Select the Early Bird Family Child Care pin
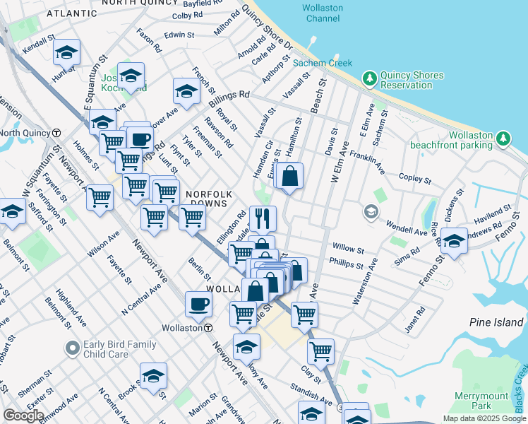pos(71,348)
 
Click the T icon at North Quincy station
pos(54,133)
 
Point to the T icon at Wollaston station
pos(209,328)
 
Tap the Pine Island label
pos(496,322)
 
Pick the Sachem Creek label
pos(322,63)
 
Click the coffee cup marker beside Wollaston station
pos(198,304)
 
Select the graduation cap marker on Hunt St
pos(66,52)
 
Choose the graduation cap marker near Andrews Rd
pos(454,240)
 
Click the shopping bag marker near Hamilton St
pos(289,176)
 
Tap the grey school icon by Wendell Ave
pos(371,211)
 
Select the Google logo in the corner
pos(24,416)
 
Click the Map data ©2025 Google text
pos(484,418)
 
